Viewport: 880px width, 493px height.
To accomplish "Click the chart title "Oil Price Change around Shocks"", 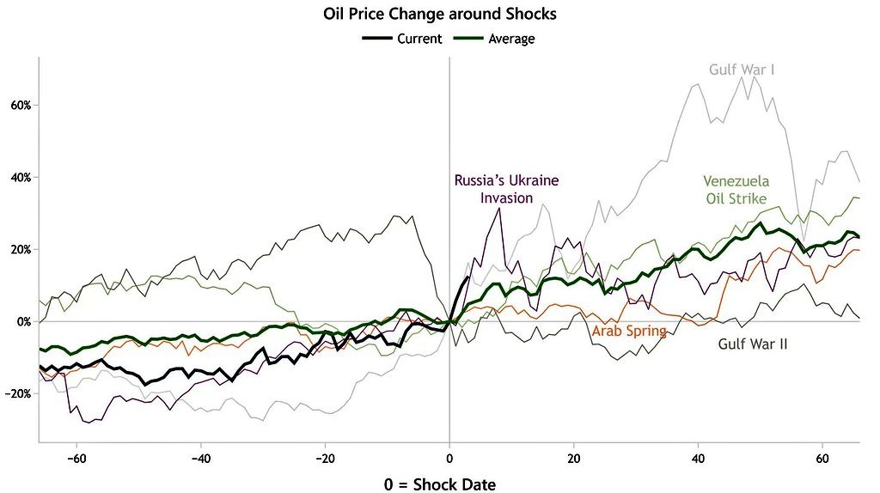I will (x=439, y=15).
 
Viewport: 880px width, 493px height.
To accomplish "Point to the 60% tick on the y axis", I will (x=21, y=106).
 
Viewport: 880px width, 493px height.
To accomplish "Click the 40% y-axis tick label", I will (x=21, y=178).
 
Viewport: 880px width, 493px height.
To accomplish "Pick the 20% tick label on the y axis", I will (x=21, y=250).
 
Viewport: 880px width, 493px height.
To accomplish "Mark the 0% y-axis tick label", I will (x=23, y=322).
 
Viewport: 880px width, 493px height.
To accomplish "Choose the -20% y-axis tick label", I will (x=19, y=394).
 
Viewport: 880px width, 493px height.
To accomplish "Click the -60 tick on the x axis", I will (x=76, y=457).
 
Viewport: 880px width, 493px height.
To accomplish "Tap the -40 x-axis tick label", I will (x=200, y=457).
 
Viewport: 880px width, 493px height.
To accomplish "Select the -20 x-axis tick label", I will (x=325, y=457).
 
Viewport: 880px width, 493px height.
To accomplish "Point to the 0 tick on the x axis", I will (x=449, y=457).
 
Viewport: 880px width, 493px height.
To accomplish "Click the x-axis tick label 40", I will (x=698, y=457).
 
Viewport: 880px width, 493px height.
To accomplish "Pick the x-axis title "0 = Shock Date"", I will (x=439, y=484).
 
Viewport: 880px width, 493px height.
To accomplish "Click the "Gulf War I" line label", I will (x=742, y=69).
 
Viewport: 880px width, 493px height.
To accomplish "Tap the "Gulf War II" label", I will (x=753, y=344).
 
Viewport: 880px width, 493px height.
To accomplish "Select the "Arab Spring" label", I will (x=629, y=331).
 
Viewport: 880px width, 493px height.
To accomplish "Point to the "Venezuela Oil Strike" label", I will (x=736, y=190).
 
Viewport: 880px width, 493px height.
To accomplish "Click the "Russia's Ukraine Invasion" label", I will (x=507, y=189).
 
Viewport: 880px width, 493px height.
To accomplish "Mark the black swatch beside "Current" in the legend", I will (x=376, y=39).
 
